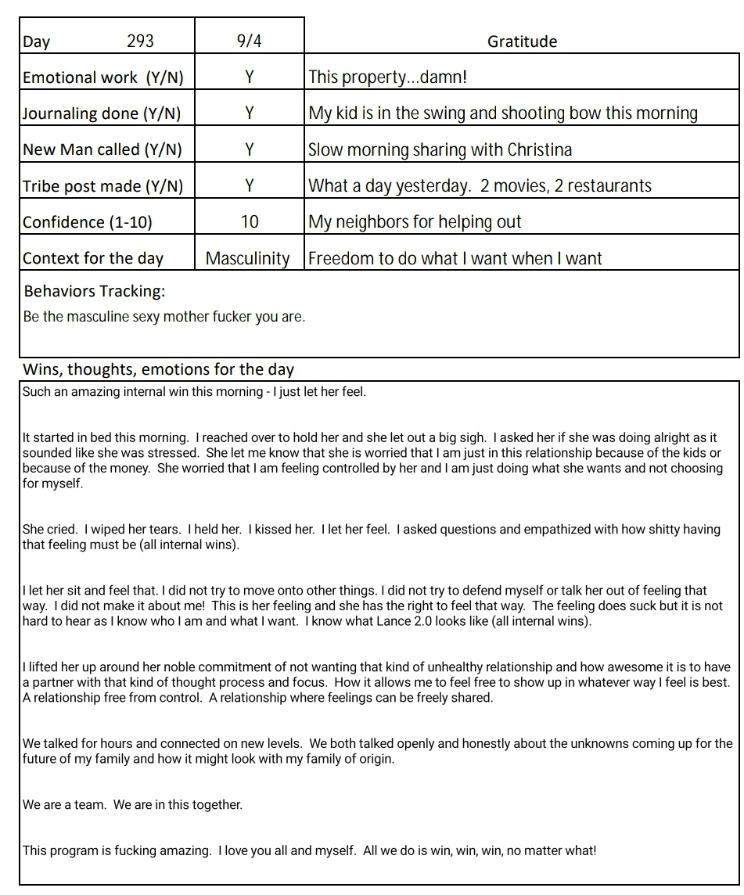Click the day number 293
[x=140, y=41]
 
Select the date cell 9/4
[x=249, y=41]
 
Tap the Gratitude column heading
[x=522, y=41]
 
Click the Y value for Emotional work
[x=249, y=77]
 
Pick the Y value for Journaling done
[x=249, y=113]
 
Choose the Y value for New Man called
[x=249, y=149]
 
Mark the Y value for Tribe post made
[x=249, y=185]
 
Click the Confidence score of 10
[x=249, y=221]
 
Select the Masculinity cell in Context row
[x=247, y=258]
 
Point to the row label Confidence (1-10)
[x=88, y=221]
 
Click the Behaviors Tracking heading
[x=95, y=291]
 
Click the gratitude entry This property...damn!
[x=387, y=77]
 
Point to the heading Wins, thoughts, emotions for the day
[x=158, y=369]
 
